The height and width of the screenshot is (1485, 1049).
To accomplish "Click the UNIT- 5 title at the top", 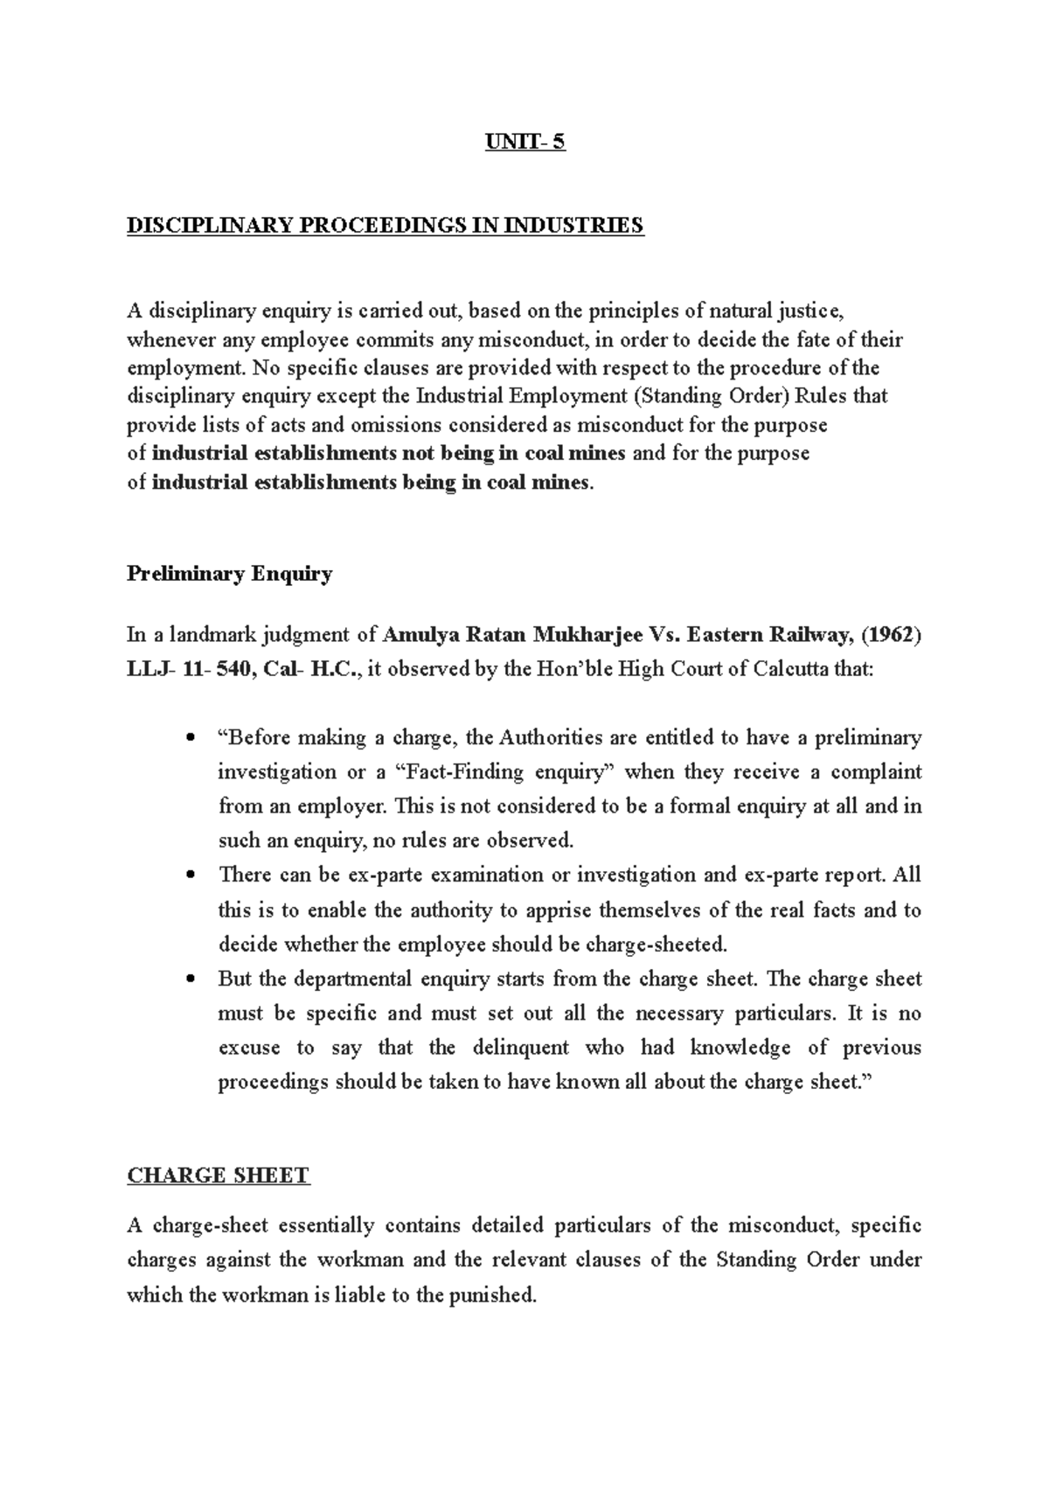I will pyautogui.click(x=525, y=142).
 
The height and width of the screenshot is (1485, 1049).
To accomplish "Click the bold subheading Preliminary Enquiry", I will pyautogui.click(x=229, y=574).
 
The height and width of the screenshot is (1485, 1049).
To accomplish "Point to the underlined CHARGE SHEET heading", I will pyautogui.click(x=219, y=1175).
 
